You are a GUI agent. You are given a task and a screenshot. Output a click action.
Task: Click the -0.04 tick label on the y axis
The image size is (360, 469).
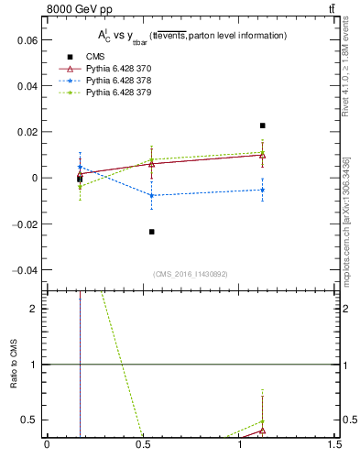25,270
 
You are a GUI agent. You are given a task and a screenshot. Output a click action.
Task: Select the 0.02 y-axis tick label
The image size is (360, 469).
27,132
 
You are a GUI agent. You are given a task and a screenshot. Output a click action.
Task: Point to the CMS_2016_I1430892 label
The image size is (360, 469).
191,274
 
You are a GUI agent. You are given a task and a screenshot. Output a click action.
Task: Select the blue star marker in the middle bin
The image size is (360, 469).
151,195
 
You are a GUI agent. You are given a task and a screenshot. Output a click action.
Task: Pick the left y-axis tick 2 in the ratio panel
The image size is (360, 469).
37,309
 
